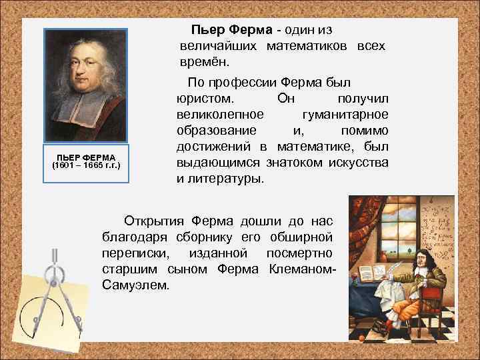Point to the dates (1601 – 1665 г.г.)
85,165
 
